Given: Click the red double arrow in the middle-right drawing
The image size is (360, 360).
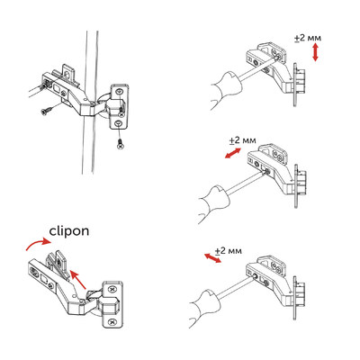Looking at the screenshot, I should [231, 156].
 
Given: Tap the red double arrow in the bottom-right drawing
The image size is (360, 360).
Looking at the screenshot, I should [214, 258].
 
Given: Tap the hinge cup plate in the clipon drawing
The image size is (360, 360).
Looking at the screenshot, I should [114, 306].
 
